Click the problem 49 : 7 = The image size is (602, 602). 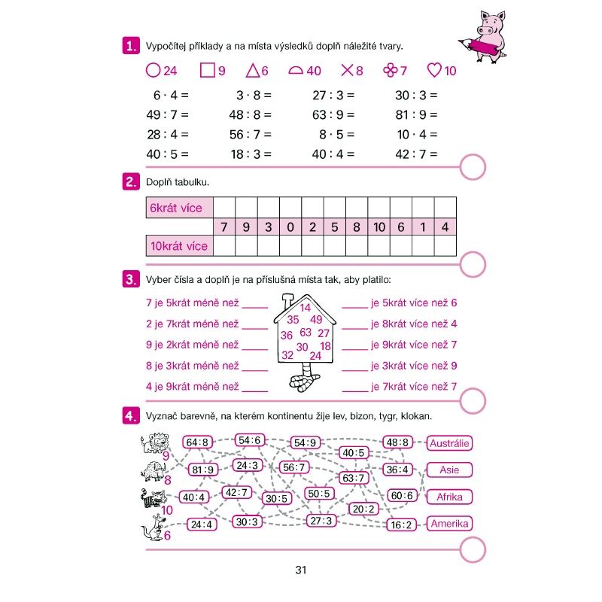click(167, 115)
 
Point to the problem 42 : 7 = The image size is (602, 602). click(415, 154)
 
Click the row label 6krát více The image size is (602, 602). click(178, 208)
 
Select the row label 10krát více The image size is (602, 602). click(178, 245)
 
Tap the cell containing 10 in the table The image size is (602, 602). click(379, 227)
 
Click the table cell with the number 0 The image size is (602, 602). click(290, 227)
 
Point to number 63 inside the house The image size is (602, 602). click(305, 332)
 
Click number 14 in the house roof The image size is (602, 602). click(305, 307)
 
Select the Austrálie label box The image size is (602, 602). click(449, 443)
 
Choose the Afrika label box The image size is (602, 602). click(449, 497)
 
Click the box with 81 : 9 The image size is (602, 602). click(203, 470)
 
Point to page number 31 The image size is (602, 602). click(301, 570)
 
